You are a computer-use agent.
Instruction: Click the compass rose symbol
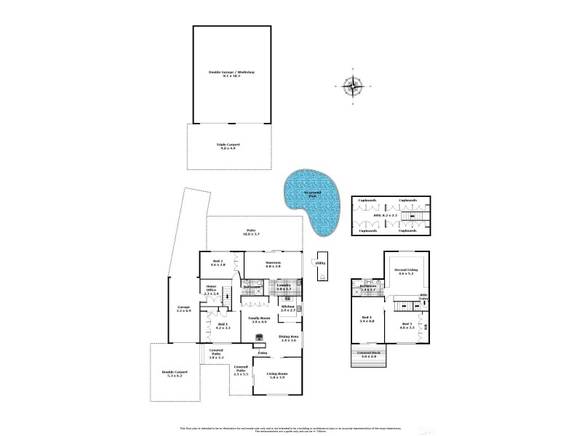click(354, 86)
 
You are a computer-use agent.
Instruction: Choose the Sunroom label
click(273, 263)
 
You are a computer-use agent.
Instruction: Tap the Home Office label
click(211, 291)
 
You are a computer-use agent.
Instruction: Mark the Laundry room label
click(284, 287)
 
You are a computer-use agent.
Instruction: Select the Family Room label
click(260, 319)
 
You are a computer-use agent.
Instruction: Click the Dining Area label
click(289, 339)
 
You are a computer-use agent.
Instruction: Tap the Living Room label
click(276, 376)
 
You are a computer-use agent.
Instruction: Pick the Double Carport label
click(175, 374)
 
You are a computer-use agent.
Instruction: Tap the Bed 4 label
click(367, 319)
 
